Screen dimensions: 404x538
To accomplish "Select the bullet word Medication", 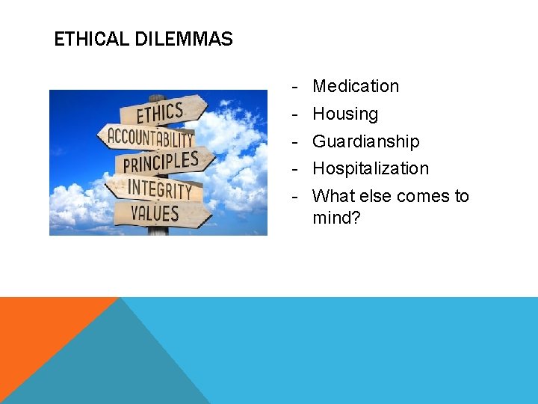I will [x=356, y=86].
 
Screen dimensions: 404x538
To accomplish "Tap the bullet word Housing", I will [x=345, y=114].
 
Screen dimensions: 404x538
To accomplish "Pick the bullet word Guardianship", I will [x=365, y=141].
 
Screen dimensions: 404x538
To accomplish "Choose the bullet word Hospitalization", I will [x=371, y=168].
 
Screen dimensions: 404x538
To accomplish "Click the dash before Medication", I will [x=296, y=86].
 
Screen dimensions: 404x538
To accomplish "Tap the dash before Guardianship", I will [x=296, y=141].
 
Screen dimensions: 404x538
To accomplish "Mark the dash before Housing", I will [x=296, y=114].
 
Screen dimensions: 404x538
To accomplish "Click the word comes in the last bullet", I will [x=414, y=196].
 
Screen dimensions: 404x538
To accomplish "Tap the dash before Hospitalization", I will [x=296, y=168].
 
